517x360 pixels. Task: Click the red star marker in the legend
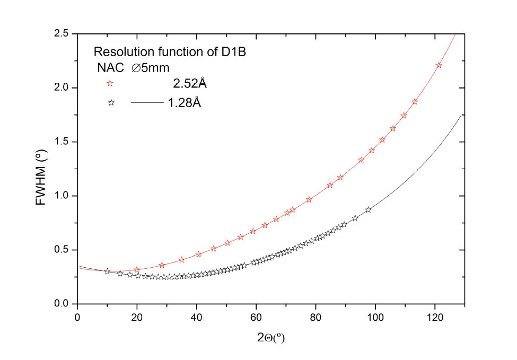(110, 83)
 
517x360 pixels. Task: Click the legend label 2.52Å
(189, 83)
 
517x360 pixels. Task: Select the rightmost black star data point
(368, 210)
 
